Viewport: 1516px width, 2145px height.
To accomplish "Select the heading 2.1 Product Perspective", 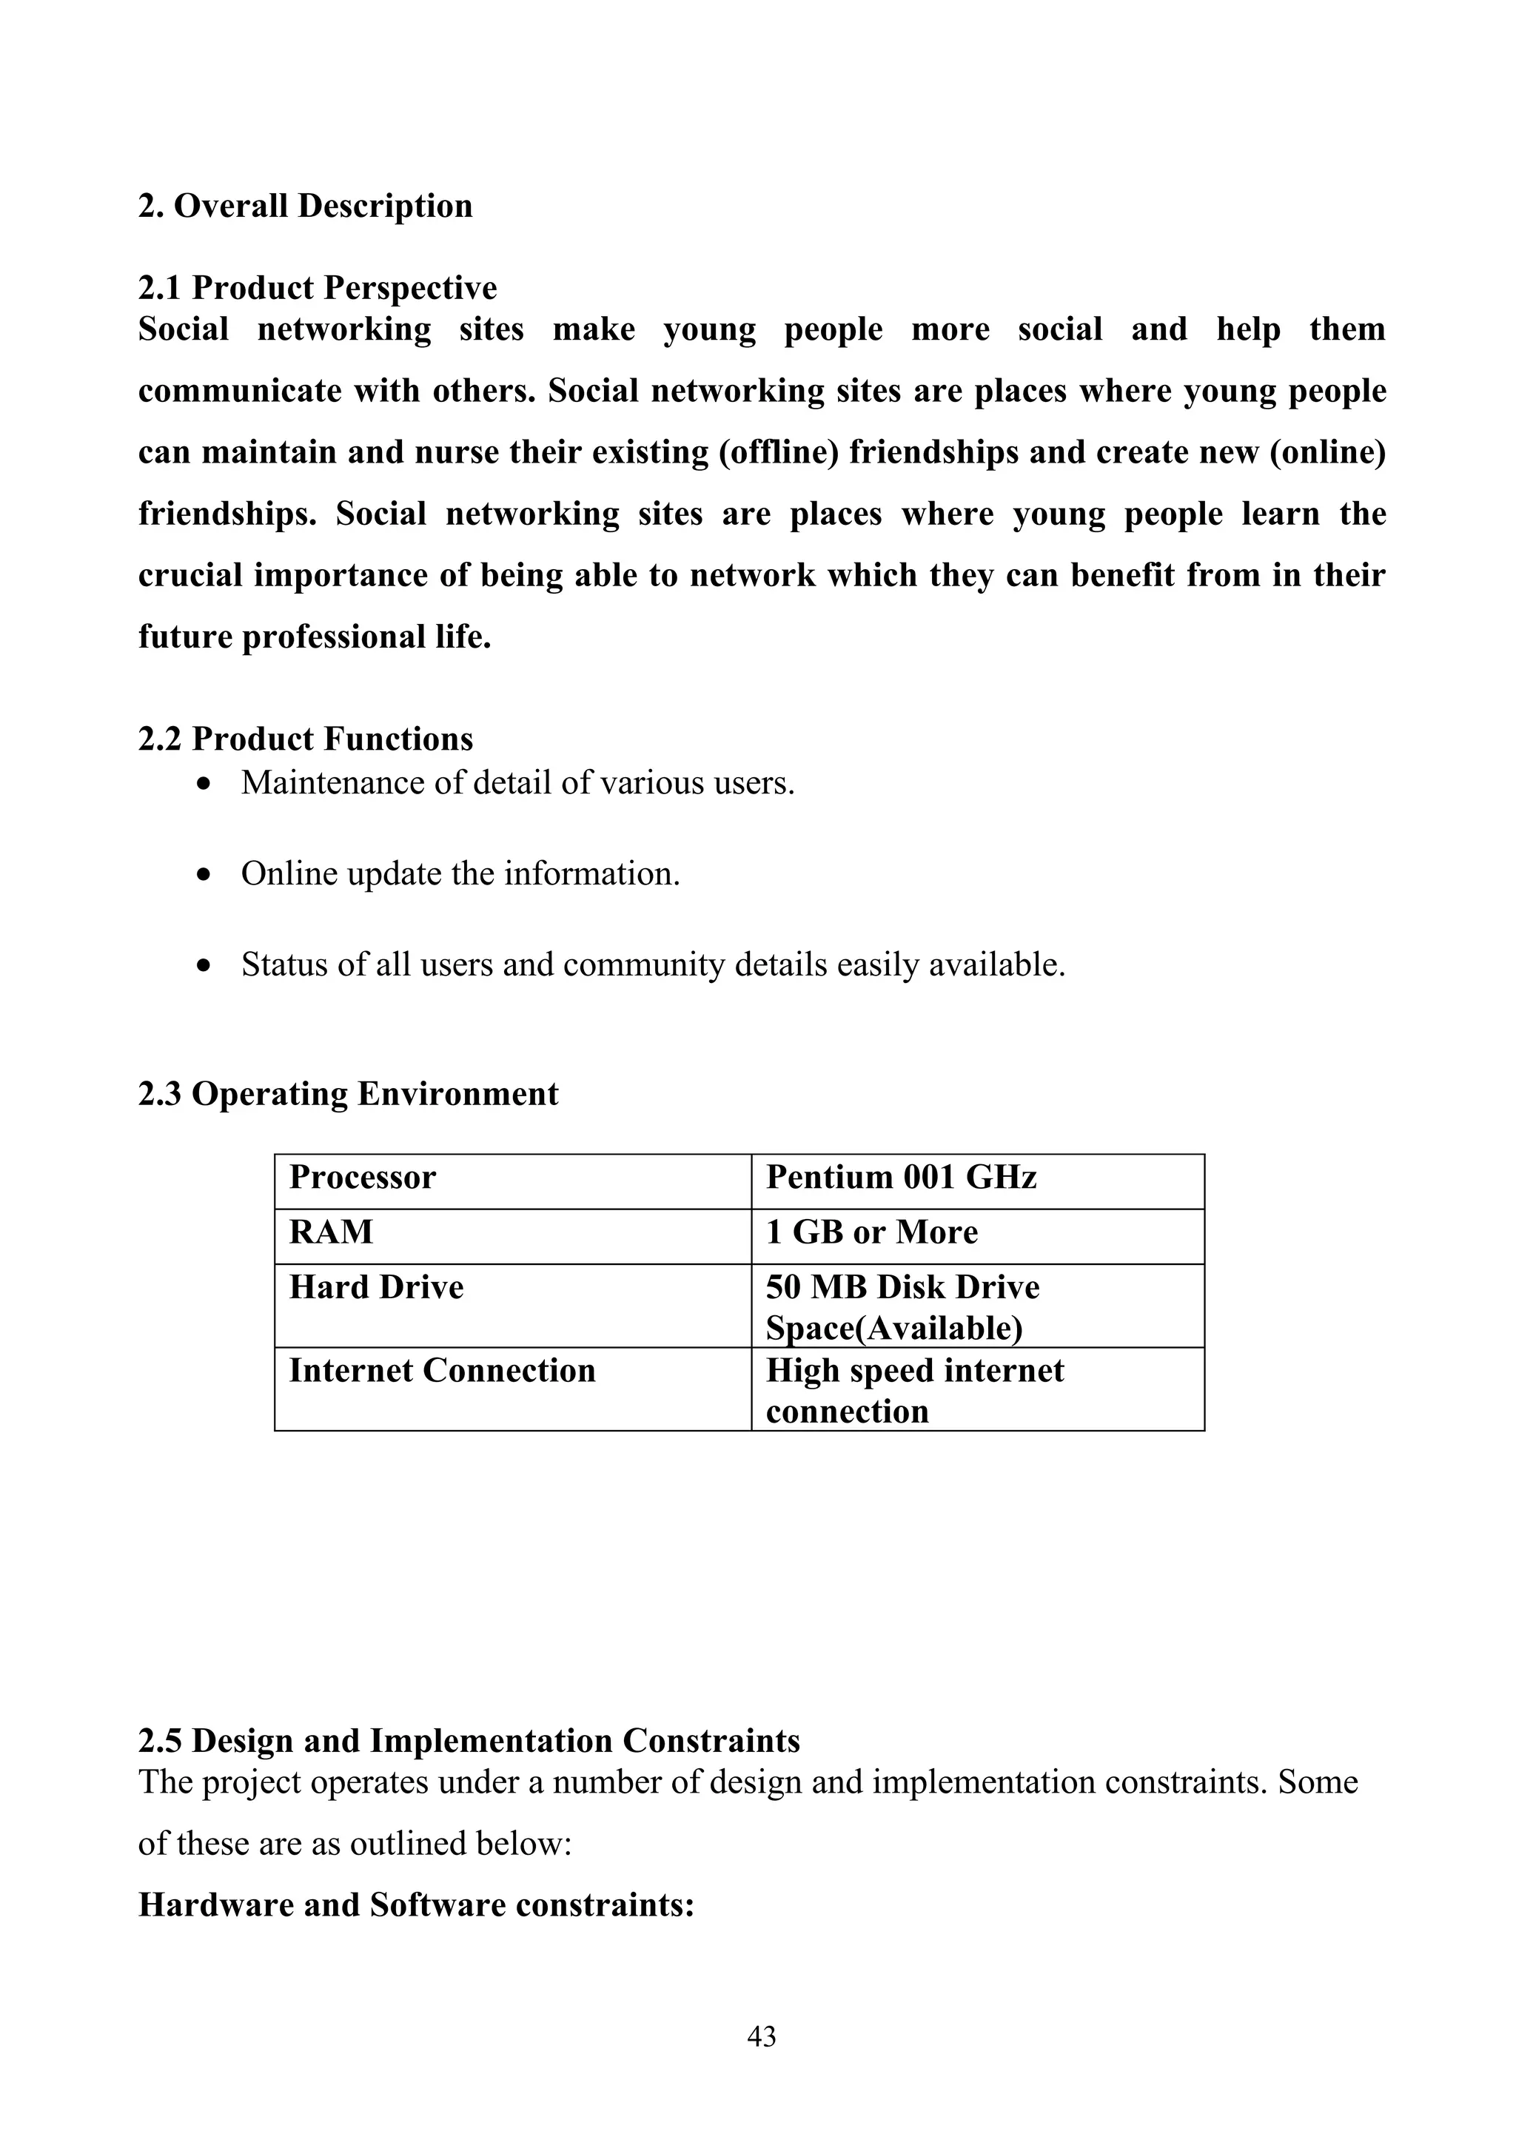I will click(318, 288).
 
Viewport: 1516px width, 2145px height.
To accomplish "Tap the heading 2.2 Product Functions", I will click(306, 739).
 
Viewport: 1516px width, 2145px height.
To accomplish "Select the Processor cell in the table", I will click(363, 1177).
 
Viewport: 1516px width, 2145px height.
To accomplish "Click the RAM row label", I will click(331, 1232).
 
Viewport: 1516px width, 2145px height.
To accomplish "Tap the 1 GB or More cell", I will click(871, 1232).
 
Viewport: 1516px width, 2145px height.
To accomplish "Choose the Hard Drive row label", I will click(377, 1287).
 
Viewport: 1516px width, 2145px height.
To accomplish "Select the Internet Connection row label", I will click(442, 1371).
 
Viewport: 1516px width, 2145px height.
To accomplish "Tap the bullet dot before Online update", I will click(204, 876).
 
